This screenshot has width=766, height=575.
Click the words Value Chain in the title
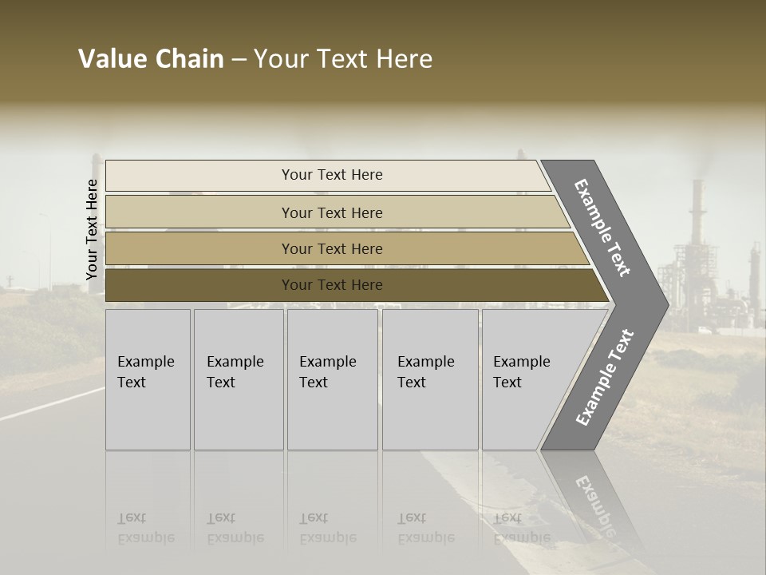[x=151, y=59]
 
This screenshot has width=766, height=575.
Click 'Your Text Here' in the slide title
[x=343, y=59]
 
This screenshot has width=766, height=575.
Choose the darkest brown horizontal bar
[x=199, y=285]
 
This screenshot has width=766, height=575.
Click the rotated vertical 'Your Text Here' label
[x=92, y=230]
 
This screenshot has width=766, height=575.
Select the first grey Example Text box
[x=148, y=379]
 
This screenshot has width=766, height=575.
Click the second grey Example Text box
[x=238, y=379]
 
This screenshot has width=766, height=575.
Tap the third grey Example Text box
[x=332, y=379]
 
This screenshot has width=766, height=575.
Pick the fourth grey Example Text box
[x=429, y=379]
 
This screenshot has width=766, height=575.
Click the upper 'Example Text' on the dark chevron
[x=602, y=228]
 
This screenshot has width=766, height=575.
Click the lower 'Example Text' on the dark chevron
[x=605, y=377]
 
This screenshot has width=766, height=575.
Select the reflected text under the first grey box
[x=145, y=528]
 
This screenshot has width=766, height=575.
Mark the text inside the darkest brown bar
[x=332, y=285]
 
